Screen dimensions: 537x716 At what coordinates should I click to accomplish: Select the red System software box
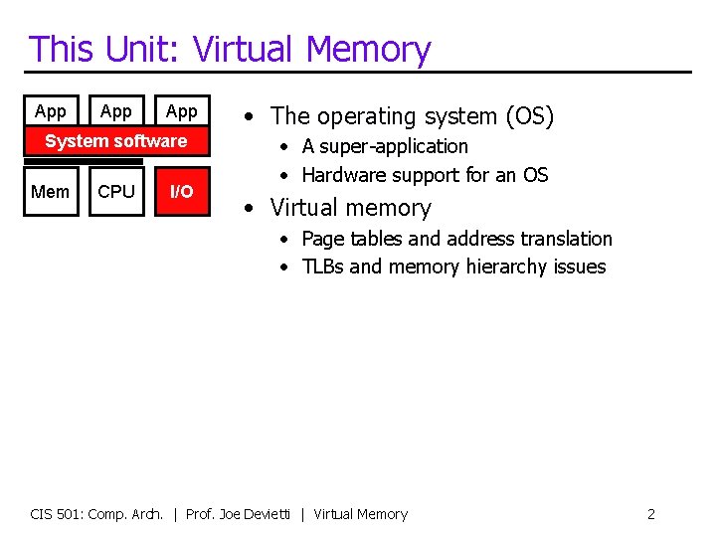pyautogui.click(x=115, y=141)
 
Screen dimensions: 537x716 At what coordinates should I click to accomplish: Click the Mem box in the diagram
pyautogui.click(x=50, y=192)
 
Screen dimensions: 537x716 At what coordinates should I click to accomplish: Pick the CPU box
pyautogui.click(x=116, y=192)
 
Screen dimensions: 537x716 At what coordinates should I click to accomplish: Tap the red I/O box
pyautogui.click(x=181, y=192)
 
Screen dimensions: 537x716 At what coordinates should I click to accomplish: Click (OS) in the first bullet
pyautogui.click(x=529, y=116)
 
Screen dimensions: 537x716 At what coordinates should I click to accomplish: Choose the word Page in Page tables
pyautogui.click(x=321, y=239)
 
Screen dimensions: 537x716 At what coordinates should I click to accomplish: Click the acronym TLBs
pyautogui.click(x=322, y=267)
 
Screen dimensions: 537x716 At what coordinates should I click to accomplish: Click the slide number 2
pyautogui.click(x=650, y=514)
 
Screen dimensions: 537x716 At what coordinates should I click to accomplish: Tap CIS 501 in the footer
pyautogui.click(x=57, y=514)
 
